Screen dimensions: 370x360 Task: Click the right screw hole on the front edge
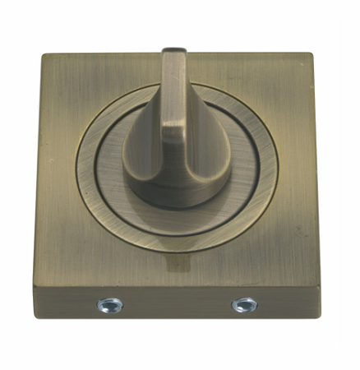[242, 305]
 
